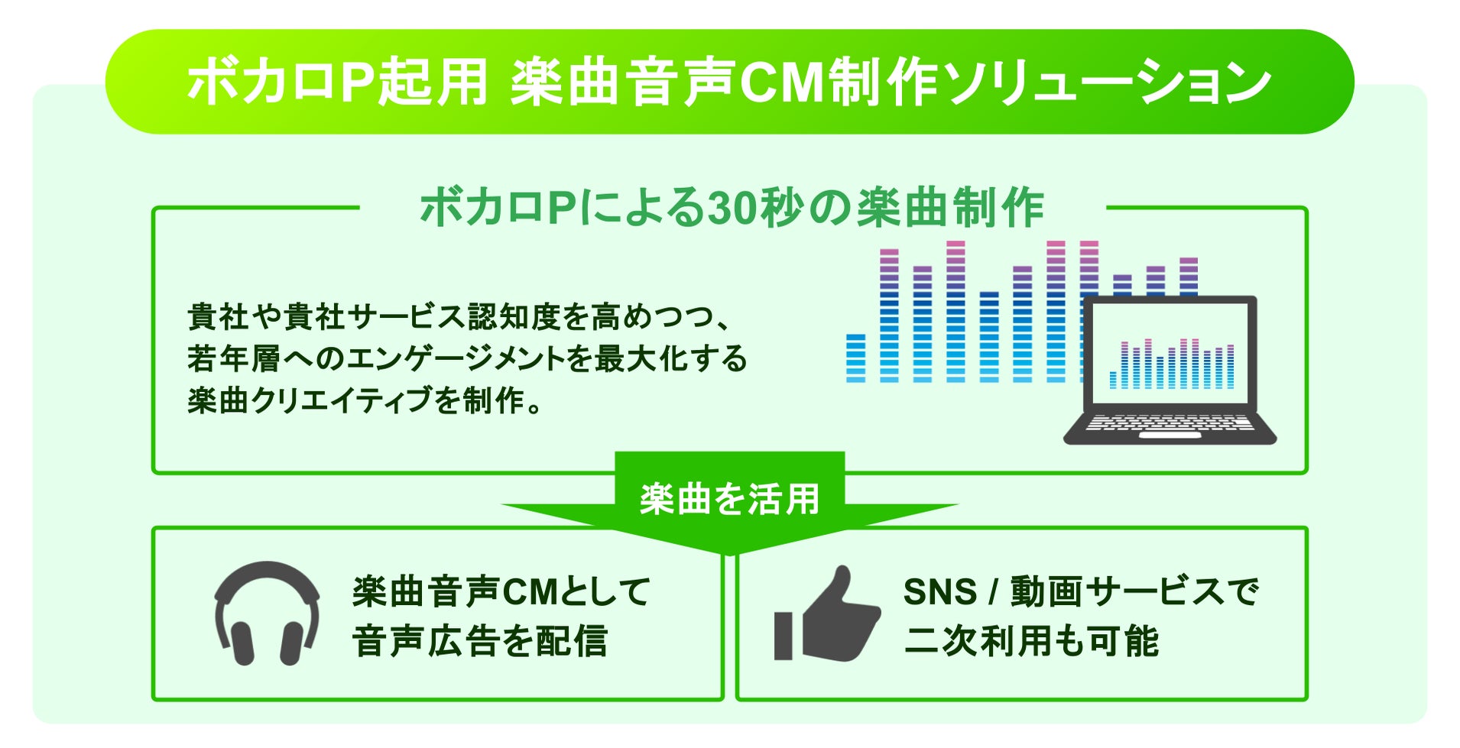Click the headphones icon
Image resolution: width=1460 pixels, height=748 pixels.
(x=267, y=614)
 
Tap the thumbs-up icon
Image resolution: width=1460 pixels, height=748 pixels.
(x=827, y=615)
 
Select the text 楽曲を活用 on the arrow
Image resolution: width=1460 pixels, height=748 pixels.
(x=729, y=500)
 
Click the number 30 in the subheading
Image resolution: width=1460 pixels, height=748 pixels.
(x=732, y=208)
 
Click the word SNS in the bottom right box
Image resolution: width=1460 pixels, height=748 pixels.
(x=939, y=592)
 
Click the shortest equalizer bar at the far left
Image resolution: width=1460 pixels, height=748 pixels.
(x=855, y=358)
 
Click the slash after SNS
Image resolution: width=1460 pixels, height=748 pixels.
(x=993, y=592)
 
